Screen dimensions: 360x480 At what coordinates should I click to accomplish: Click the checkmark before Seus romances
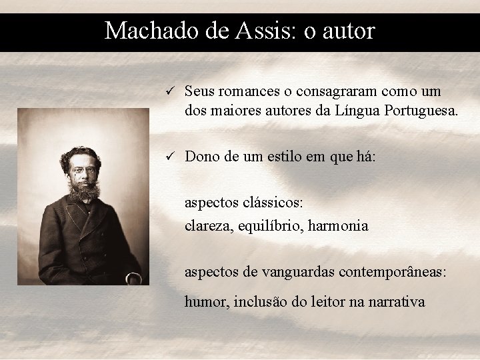(x=170, y=91)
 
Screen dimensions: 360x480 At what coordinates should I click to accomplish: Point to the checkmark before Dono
(x=170, y=157)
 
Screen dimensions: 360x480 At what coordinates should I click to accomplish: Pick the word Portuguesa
(x=421, y=111)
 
